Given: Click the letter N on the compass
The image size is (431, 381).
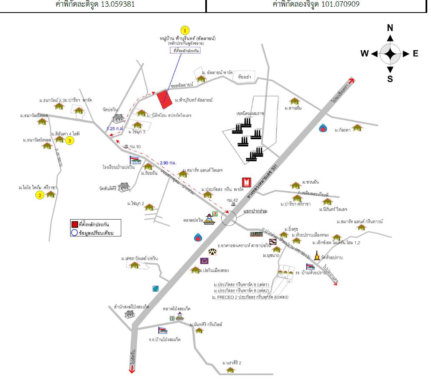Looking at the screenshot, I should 390,28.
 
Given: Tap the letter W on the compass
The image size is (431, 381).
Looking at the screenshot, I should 365,54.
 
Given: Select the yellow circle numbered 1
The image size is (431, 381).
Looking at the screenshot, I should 184,30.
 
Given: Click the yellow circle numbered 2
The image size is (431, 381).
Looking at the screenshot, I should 40,195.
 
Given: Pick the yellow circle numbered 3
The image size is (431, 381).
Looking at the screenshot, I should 70,141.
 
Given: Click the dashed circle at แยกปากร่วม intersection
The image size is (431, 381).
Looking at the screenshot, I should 229,218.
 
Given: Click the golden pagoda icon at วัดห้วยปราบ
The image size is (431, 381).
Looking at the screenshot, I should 316,256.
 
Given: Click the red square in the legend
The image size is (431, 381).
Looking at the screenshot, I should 74,225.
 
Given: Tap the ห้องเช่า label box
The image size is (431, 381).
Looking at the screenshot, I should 244,77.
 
